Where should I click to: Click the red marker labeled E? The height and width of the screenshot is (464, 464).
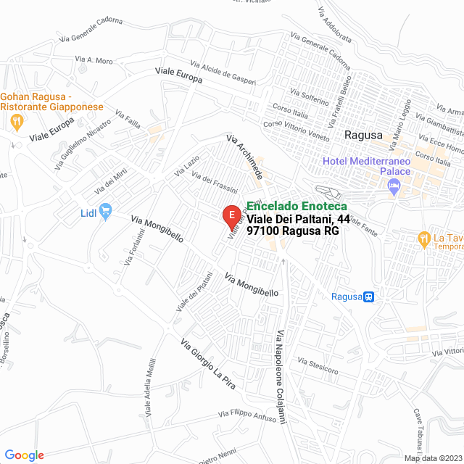[x=231, y=215]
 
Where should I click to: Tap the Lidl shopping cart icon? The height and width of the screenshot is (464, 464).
[x=105, y=212]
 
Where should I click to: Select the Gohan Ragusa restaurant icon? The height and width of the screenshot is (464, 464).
[x=16, y=121]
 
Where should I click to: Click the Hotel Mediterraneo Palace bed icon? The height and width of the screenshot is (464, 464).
[x=394, y=188]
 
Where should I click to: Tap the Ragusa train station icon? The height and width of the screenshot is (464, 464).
[x=369, y=296]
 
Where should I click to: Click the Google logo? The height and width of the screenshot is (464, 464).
[x=24, y=455]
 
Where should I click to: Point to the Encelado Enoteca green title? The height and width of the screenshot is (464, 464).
[x=297, y=206]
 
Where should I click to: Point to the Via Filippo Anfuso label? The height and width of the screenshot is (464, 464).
[x=247, y=417]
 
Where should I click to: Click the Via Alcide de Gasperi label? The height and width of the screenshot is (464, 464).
[x=224, y=72]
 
